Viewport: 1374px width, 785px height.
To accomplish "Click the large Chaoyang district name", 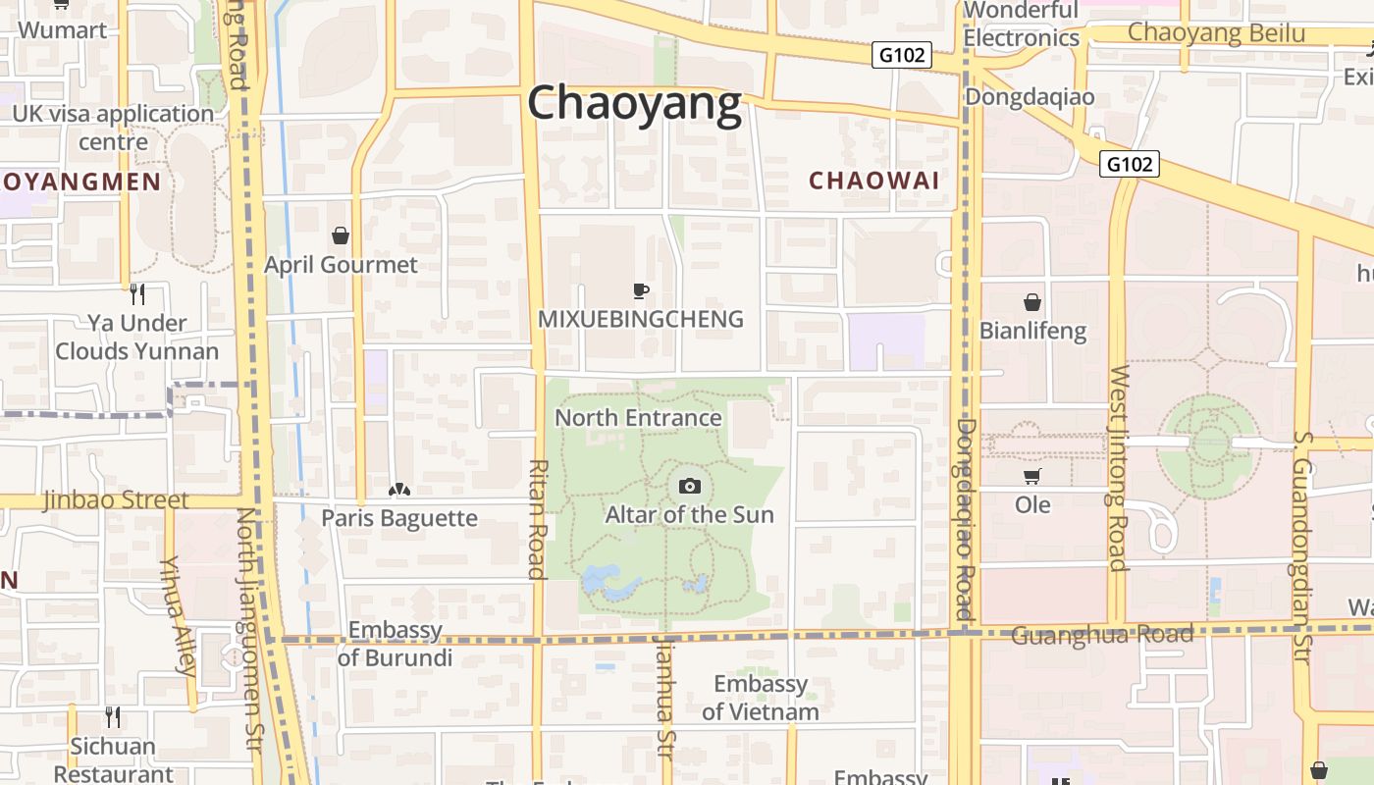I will [x=635, y=103].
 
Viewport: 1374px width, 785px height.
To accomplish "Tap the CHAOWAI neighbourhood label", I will [x=873, y=181].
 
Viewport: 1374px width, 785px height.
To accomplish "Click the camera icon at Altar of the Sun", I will [x=690, y=486].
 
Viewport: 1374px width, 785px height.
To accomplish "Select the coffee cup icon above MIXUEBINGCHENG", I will [x=640, y=290].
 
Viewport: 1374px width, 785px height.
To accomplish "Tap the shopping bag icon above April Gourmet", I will [x=341, y=235].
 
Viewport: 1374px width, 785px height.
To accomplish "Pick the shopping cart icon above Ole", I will [x=1031, y=477].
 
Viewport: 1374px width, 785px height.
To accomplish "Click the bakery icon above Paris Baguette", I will [x=398, y=490].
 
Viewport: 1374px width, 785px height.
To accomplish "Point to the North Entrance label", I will [x=638, y=418].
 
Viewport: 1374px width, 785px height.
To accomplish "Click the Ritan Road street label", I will [x=537, y=518].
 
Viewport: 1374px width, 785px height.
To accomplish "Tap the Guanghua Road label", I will [x=1101, y=635].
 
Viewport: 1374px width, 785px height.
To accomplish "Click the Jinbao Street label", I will [x=116, y=500].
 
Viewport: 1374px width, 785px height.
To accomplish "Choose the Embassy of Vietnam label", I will [x=761, y=698].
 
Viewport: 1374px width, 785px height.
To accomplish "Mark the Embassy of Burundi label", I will [x=395, y=644].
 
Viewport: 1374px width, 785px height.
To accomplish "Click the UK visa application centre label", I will [x=113, y=128].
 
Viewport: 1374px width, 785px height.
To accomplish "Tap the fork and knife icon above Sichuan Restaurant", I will [x=113, y=717].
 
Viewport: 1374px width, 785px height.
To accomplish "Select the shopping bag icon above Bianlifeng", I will [x=1032, y=302].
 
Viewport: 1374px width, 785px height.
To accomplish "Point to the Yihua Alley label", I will [x=178, y=615].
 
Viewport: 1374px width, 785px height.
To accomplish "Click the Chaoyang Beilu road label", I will [x=1216, y=32].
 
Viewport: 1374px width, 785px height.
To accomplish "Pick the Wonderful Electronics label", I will [x=1021, y=25].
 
